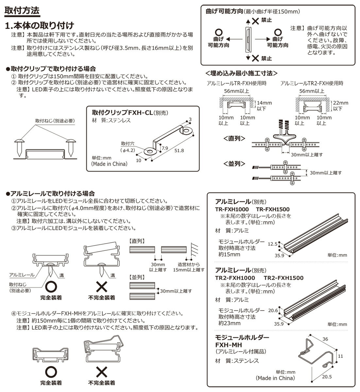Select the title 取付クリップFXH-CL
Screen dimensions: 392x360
[x=122, y=113]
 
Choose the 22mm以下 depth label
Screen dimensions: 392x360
[x=340, y=106]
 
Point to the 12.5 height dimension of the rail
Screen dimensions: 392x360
[x=272, y=244]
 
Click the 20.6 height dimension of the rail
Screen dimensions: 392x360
[x=272, y=310]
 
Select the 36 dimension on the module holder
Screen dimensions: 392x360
[x=325, y=339]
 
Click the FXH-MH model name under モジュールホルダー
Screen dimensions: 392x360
[x=226, y=345]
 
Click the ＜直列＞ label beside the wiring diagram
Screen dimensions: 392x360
[x=234, y=139]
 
